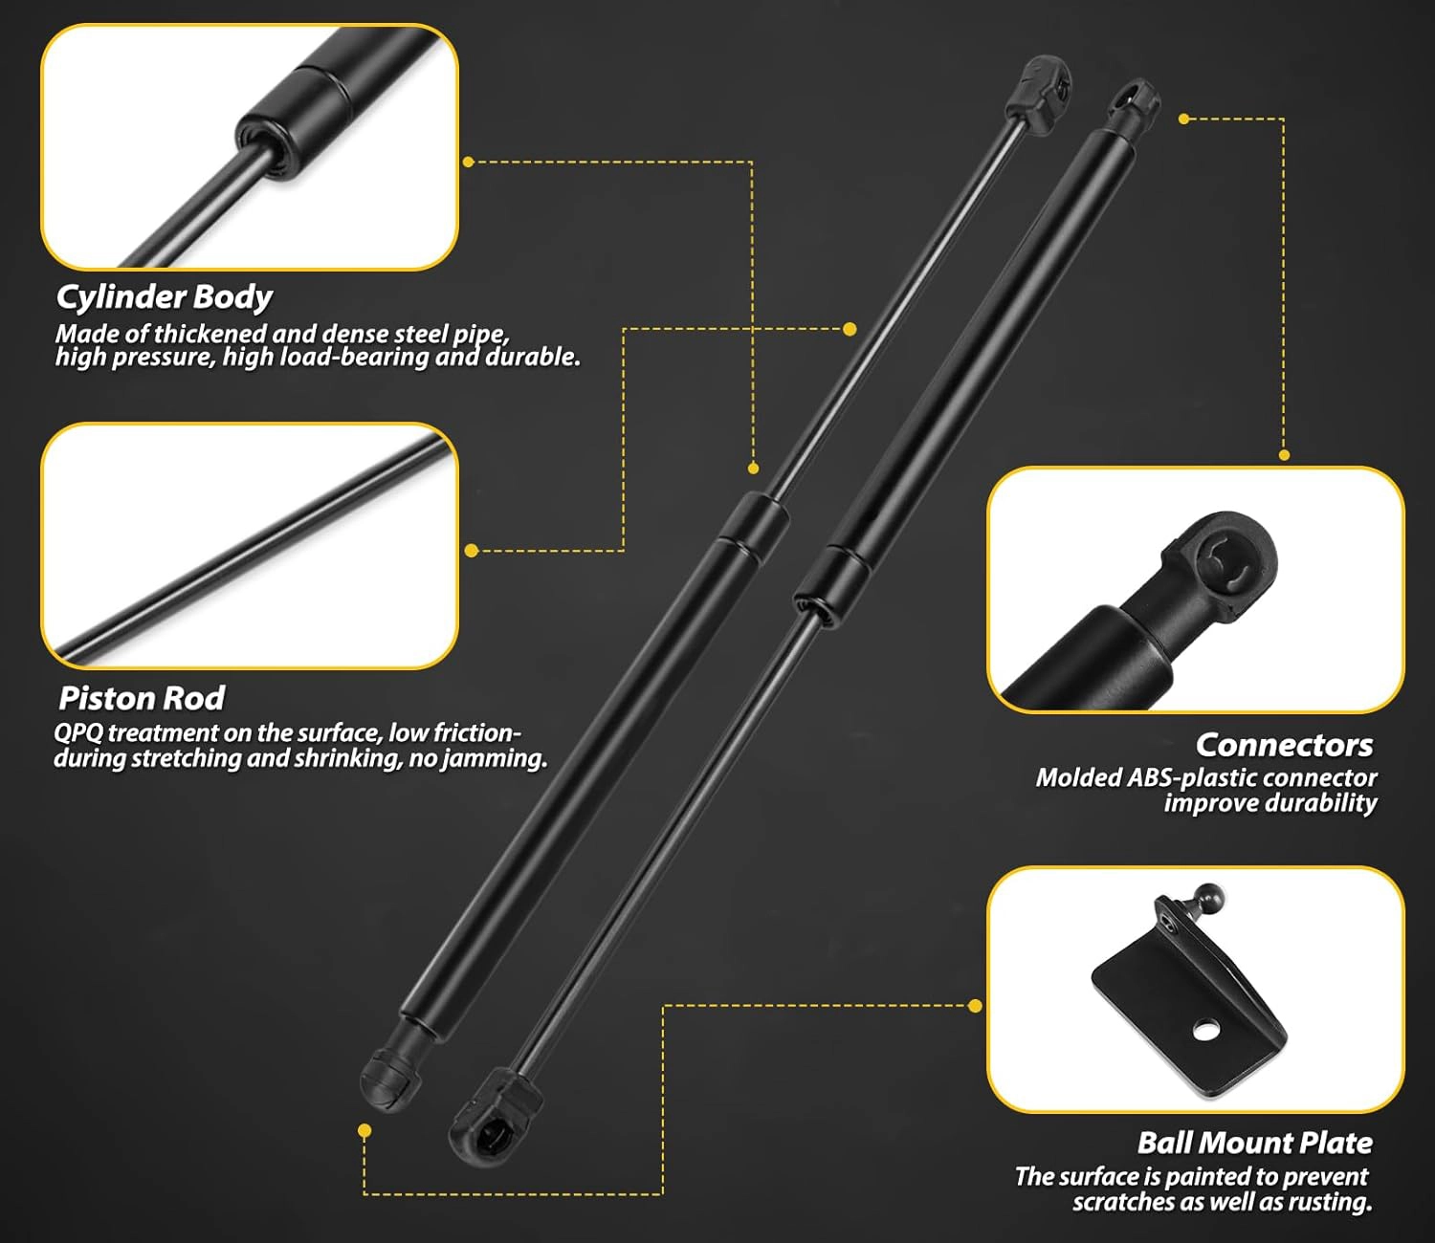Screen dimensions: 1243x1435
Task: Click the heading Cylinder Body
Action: tap(164, 297)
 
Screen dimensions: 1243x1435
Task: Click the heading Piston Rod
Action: tap(142, 699)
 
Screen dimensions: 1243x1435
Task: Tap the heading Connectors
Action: tap(1284, 745)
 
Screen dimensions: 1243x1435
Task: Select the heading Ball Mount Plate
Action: tap(1254, 1143)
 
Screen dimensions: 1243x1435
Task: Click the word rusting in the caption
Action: tap(1332, 1202)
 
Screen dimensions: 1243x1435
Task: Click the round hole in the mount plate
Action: tap(1205, 1031)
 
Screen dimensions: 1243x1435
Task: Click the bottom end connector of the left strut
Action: tap(390, 1077)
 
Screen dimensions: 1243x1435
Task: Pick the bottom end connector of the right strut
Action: tap(492, 1115)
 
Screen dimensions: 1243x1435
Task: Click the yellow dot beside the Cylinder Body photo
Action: tap(469, 162)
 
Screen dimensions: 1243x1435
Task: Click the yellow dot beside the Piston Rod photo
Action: tap(471, 551)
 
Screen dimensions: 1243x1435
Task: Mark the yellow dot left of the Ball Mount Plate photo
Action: tap(975, 1006)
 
